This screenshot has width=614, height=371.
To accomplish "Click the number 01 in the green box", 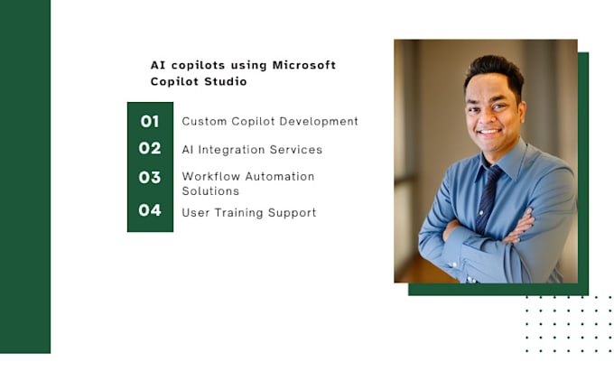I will pos(150,121).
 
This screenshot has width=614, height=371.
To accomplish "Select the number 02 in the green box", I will pos(150,148).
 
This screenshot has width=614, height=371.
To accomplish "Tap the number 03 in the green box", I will pos(150,177).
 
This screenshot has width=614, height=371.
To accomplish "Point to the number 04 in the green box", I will pos(150,211).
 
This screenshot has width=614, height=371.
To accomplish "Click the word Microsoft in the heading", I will pos(304,65).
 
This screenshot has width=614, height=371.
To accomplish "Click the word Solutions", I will pos(210,191).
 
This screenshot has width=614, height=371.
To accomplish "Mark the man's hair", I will pos(494,69).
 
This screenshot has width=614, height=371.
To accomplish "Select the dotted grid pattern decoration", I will pos(569,323).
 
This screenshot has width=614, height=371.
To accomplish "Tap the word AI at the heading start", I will pos(158,65).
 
